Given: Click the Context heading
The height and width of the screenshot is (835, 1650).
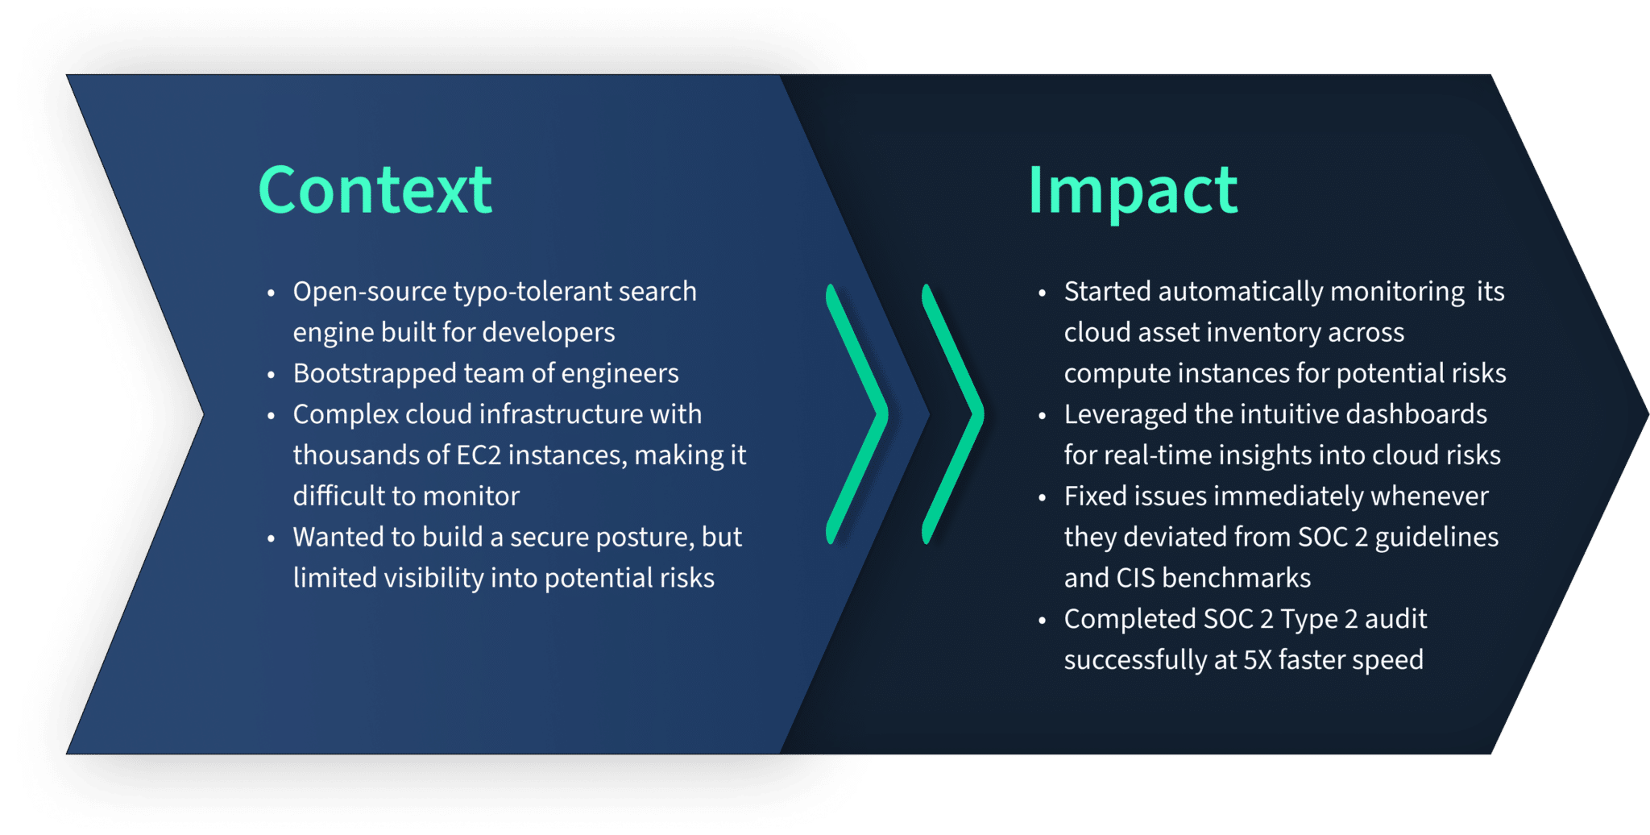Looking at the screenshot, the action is pos(375,190).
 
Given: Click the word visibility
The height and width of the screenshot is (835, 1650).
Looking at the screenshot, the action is pos(433,579).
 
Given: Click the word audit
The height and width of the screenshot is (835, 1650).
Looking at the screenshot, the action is pos(1395,619).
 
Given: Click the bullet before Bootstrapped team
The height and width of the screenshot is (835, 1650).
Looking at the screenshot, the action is pos(272,375).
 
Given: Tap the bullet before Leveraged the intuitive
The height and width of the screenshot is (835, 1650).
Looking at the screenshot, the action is pos(1043,416).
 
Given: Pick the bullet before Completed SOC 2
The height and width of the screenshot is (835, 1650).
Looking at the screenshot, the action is pos(1043,621).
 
